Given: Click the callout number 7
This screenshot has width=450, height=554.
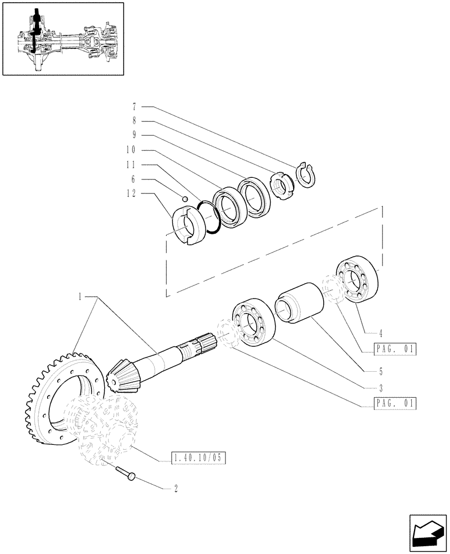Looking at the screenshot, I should click(x=134, y=106).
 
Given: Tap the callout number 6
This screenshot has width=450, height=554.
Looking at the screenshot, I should click(x=134, y=179).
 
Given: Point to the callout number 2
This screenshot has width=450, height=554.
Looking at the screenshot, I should click(x=176, y=489).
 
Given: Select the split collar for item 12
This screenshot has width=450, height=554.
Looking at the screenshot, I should click(x=186, y=224).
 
